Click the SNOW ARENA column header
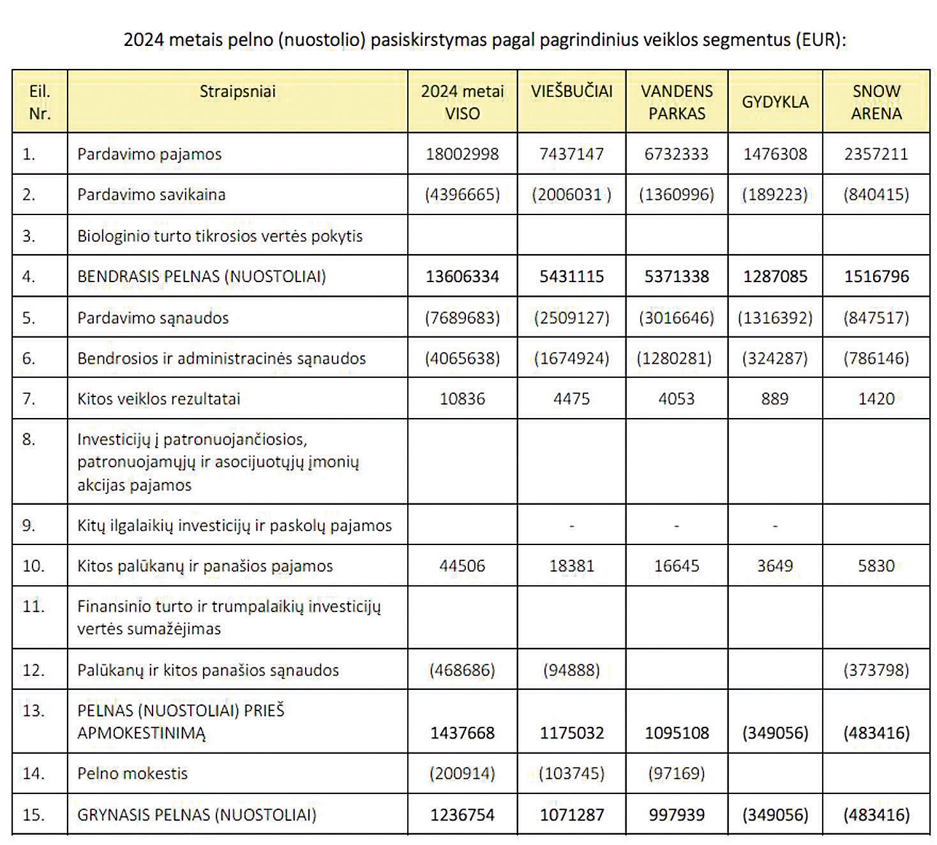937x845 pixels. pos(876,102)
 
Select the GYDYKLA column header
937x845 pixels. pos(775,102)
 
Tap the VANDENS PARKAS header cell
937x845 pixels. pos(677,102)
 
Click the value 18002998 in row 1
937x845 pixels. pos(462,154)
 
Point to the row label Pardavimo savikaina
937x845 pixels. pos(151,194)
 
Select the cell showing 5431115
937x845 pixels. pos(571,276)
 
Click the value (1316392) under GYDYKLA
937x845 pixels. pos(775,318)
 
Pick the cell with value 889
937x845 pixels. pos(774,398)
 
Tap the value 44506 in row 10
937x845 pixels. pos(462,565)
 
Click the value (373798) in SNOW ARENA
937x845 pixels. pos(876,670)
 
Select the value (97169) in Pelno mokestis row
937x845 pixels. pos(677,773)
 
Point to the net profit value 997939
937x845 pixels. pos(677,814)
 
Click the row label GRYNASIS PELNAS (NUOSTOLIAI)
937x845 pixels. pos(197,814)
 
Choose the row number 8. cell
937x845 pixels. pos(29,439)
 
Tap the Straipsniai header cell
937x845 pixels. pos(237,91)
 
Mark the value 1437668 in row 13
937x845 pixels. pos(462,733)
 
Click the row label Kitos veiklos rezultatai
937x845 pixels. pos(159,398)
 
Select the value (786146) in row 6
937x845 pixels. pos(876,358)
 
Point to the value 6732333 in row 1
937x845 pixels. pos(677,154)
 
